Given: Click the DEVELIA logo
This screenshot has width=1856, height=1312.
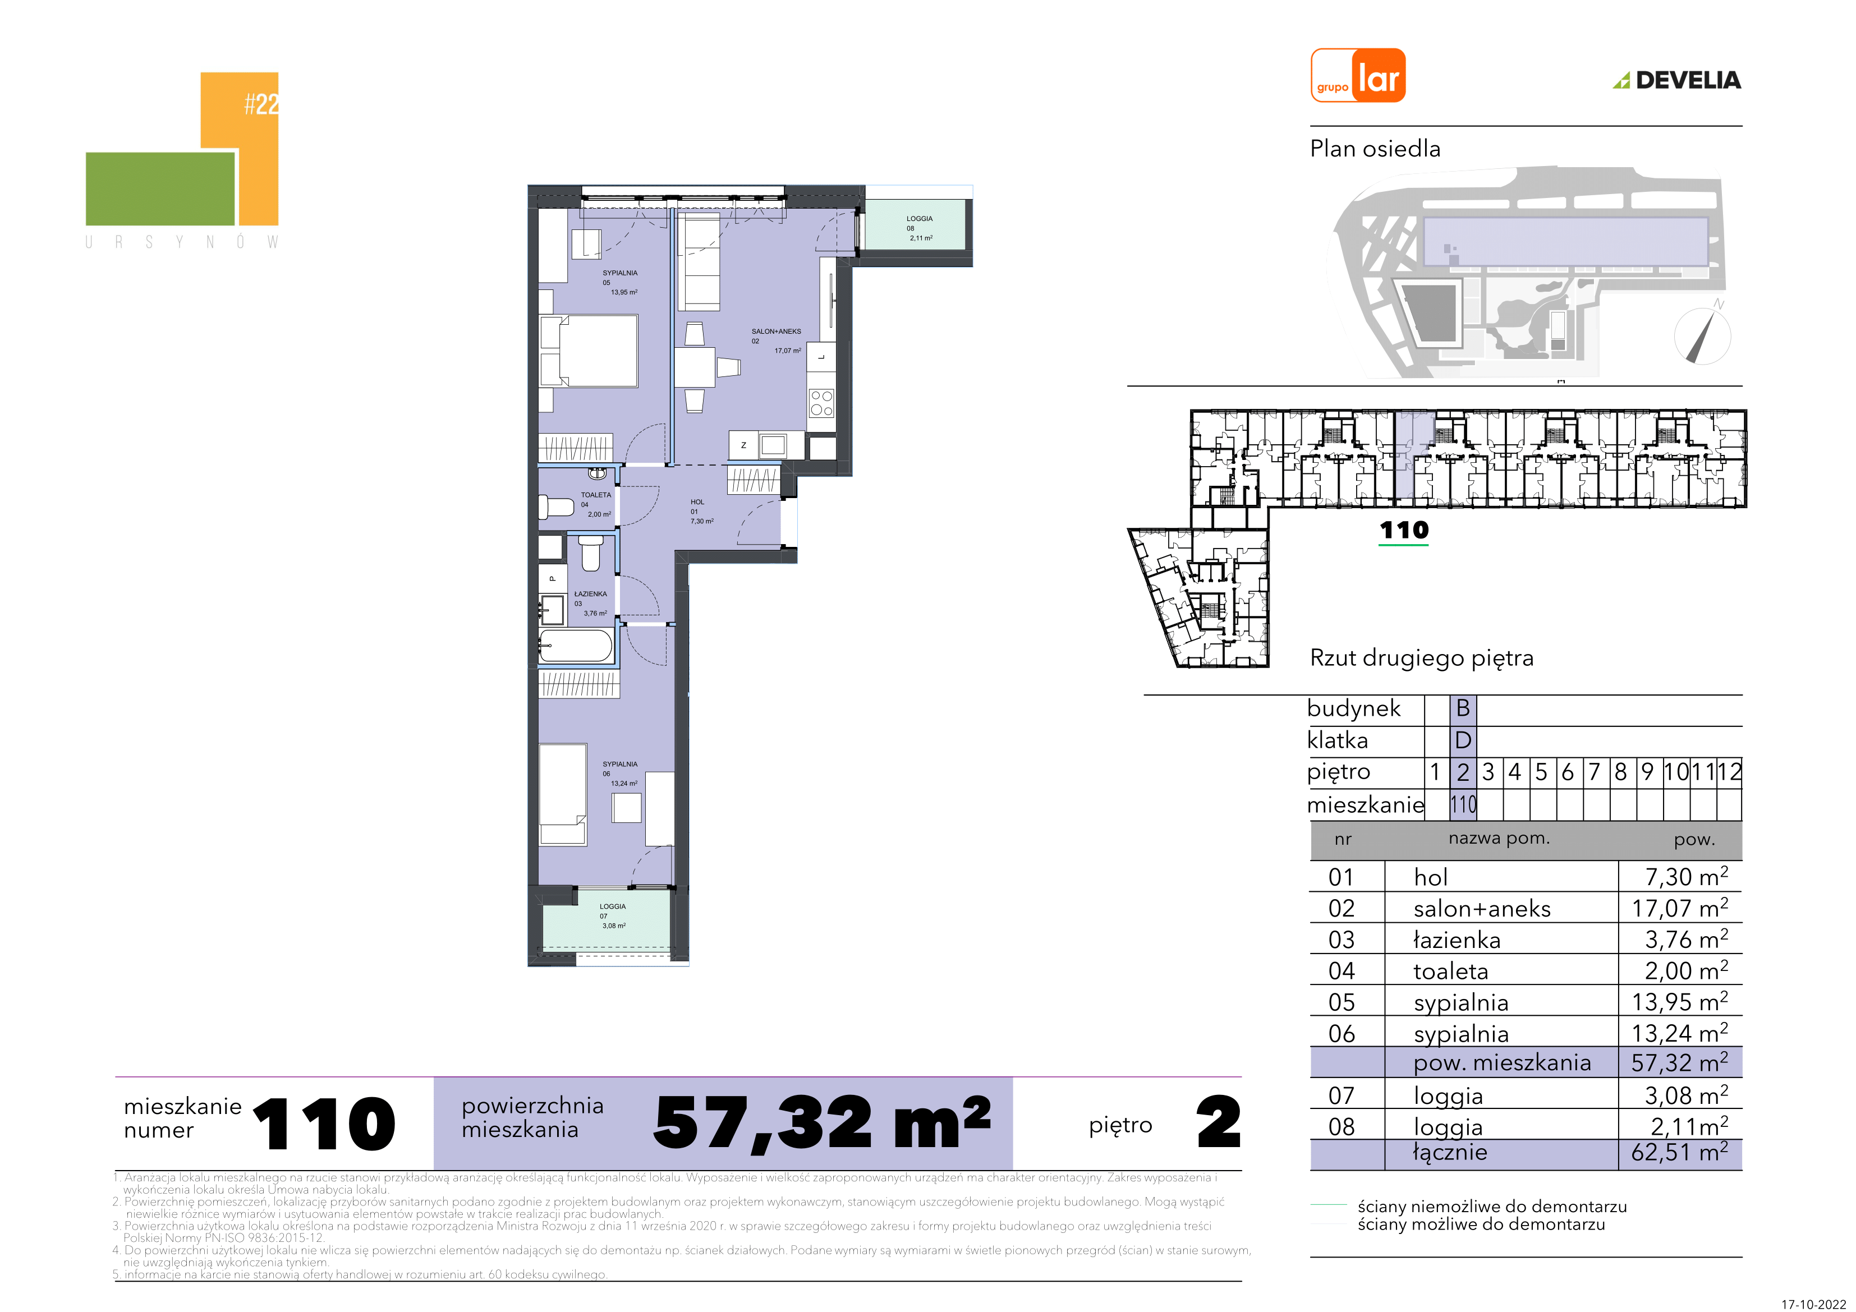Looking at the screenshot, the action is pos(1678,80).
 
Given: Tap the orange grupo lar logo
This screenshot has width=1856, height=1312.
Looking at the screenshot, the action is pos(1358,75).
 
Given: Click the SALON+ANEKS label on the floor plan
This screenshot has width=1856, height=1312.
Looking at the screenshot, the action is pos(776,332).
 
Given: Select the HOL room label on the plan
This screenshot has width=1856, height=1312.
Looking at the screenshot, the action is pos(697,502).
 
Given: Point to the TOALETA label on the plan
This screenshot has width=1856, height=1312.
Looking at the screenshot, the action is pos(596,495).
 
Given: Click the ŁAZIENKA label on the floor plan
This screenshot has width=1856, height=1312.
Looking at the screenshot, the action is pos(590,593).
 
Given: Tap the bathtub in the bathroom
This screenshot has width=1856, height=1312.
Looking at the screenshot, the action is pos(576,646).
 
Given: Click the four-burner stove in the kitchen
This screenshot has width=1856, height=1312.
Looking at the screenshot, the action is pos(821,403).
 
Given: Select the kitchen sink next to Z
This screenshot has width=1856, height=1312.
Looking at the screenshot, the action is pos(773,445).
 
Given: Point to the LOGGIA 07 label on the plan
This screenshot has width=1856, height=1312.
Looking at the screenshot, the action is pos(613,906).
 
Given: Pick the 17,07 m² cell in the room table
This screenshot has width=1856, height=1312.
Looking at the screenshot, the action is pos(1680,908).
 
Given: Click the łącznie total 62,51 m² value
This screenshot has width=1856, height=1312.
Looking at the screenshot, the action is pos(1680,1153).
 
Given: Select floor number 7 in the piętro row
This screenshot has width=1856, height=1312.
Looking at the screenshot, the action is pos(1594,772).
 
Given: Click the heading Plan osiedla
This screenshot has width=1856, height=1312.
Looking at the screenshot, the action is pos(1375,149).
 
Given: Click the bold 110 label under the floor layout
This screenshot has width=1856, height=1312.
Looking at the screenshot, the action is pos(1404,530).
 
